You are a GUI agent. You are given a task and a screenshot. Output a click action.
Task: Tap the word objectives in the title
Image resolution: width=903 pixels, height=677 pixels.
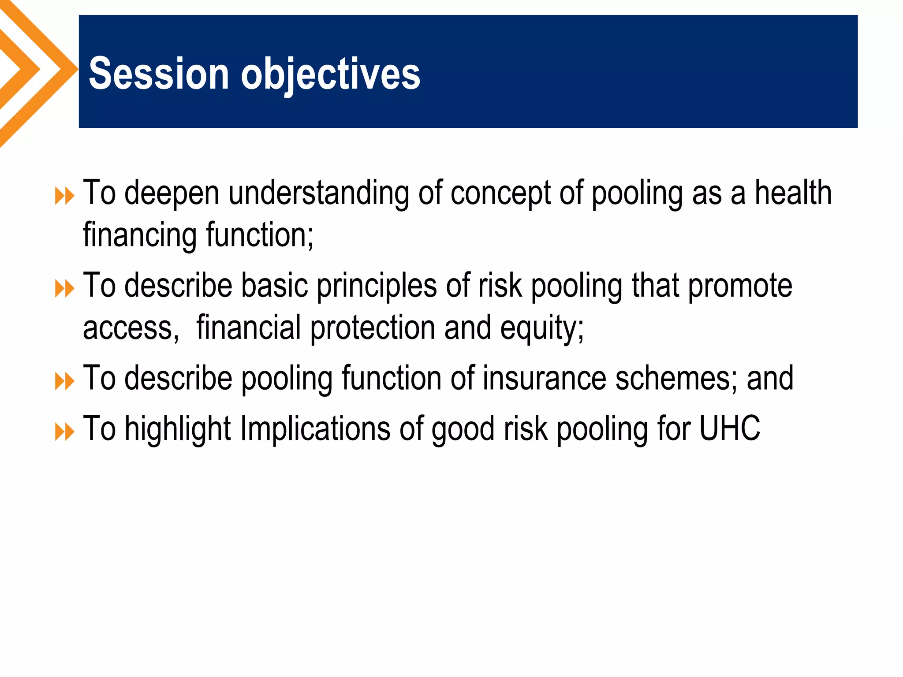[330, 74]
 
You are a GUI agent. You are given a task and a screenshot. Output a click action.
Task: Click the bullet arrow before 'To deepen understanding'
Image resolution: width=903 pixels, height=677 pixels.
[64, 196]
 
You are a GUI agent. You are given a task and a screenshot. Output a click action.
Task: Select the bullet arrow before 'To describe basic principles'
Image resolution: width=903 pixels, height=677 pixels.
[64, 289]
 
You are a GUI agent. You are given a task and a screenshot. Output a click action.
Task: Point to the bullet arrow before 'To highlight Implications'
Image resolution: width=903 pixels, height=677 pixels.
[64, 432]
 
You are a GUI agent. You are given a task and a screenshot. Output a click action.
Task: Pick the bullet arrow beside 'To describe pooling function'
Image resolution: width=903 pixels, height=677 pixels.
[64, 382]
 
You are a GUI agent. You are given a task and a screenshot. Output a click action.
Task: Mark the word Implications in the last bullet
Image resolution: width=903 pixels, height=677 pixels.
[315, 429]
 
